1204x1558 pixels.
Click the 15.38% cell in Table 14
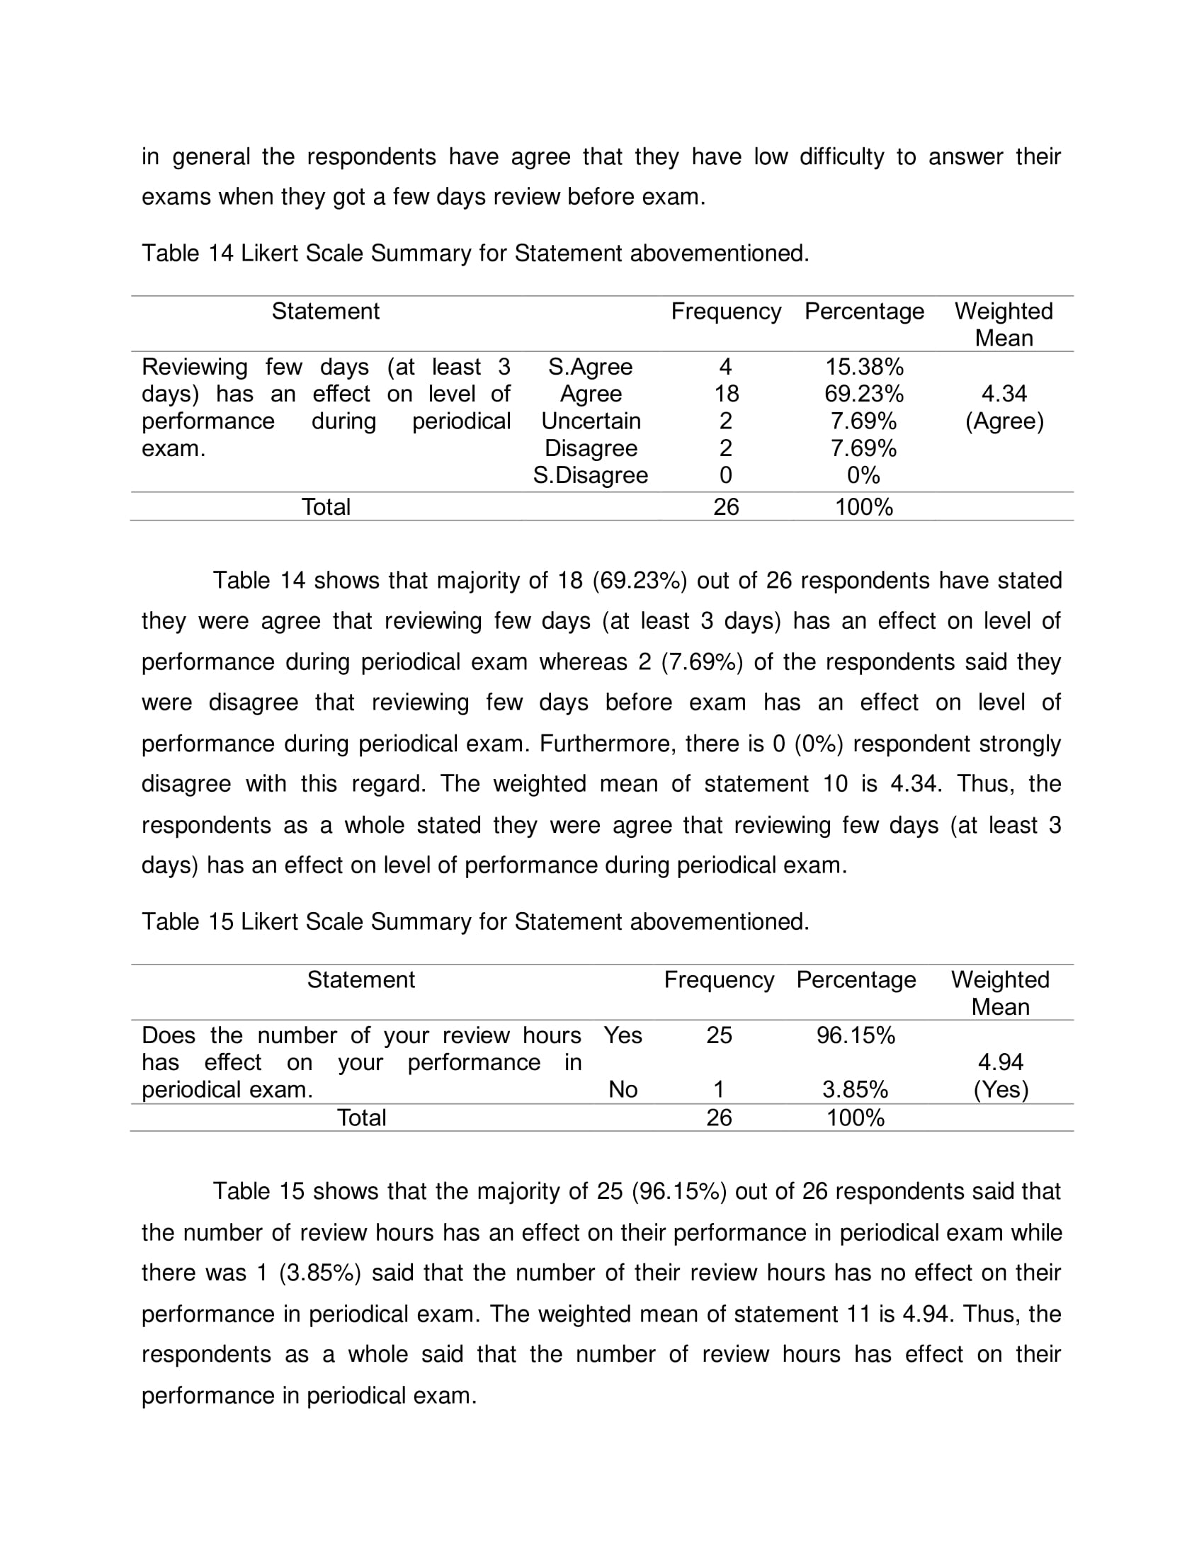click(864, 367)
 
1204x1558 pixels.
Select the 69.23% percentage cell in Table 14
click(864, 394)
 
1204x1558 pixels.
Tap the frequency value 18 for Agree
click(726, 394)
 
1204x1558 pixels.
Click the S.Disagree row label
click(591, 475)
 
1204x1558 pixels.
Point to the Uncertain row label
click(591, 421)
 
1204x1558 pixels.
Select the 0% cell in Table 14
click(864, 475)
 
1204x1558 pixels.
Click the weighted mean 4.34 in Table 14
click(1004, 394)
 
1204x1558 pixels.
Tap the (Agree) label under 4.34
click(1004, 421)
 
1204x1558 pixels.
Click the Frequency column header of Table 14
click(726, 312)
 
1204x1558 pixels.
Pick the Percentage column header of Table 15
click(856, 980)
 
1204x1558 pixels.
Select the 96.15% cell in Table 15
click(856, 1035)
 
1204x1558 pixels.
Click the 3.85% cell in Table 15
click(856, 1089)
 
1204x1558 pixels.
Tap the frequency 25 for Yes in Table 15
click(719, 1035)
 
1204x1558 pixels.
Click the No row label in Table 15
click(623, 1089)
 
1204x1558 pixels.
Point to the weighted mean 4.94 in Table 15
click(1000, 1062)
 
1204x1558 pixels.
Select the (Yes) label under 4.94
click(1000, 1090)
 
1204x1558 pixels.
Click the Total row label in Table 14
click(326, 507)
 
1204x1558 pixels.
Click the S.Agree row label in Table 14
click(591, 367)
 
